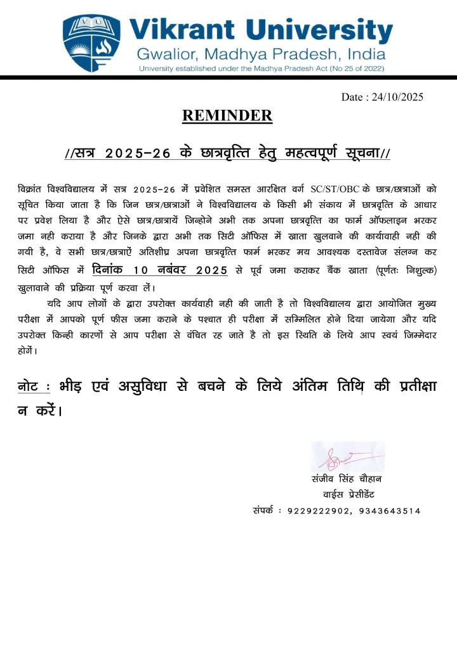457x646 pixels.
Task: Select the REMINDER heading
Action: coord(227,115)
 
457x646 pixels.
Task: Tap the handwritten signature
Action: coord(340,456)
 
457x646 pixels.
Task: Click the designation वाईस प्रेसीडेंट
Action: coord(353,494)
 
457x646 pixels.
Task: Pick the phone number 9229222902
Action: coord(318,510)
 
